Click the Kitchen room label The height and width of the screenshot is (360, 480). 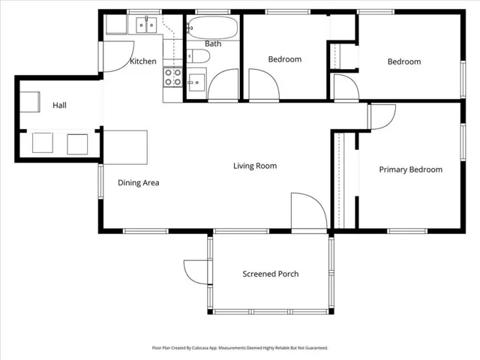(143, 61)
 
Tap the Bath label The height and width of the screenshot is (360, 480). (213, 43)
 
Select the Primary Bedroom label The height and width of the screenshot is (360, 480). (411, 169)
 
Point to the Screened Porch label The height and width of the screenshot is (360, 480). (271, 274)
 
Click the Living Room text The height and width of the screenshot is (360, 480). (255, 166)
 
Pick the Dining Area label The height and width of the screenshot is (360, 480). (138, 183)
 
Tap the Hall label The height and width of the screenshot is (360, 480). (59, 105)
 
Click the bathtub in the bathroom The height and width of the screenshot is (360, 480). (212, 28)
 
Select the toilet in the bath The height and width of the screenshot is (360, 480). (198, 56)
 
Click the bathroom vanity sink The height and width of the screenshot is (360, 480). (196, 82)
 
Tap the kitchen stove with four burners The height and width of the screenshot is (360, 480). (173, 77)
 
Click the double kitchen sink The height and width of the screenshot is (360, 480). (146, 25)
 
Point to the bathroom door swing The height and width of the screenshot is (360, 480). (223, 84)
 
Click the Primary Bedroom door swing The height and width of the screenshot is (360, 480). (382, 117)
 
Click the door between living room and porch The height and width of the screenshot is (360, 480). (309, 211)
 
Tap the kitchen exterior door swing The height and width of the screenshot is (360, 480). (118, 57)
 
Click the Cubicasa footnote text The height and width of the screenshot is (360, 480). (240, 348)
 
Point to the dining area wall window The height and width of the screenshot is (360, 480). (100, 181)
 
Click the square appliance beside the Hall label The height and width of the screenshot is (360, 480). (30, 102)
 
